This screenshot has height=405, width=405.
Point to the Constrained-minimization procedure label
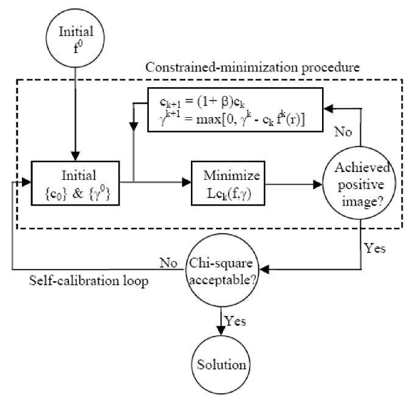[x=253, y=68]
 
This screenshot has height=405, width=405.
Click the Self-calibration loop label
[x=88, y=281]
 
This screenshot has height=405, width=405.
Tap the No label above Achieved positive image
[x=343, y=132]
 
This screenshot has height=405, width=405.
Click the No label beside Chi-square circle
[x=168, y=263]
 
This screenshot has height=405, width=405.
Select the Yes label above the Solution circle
[x=235, y=321]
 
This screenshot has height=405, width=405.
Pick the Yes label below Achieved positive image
[x=375, y=248]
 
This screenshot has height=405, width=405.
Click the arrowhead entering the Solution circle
[x=221, y=331]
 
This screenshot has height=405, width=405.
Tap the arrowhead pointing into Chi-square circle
[x=264, y=270]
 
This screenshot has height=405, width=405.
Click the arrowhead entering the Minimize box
[x=187, y=182]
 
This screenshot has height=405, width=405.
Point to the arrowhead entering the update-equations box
[x=329, y=109]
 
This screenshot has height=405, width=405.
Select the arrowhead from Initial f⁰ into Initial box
[x=75, y=156]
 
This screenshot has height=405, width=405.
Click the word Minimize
[x=232, y=176]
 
